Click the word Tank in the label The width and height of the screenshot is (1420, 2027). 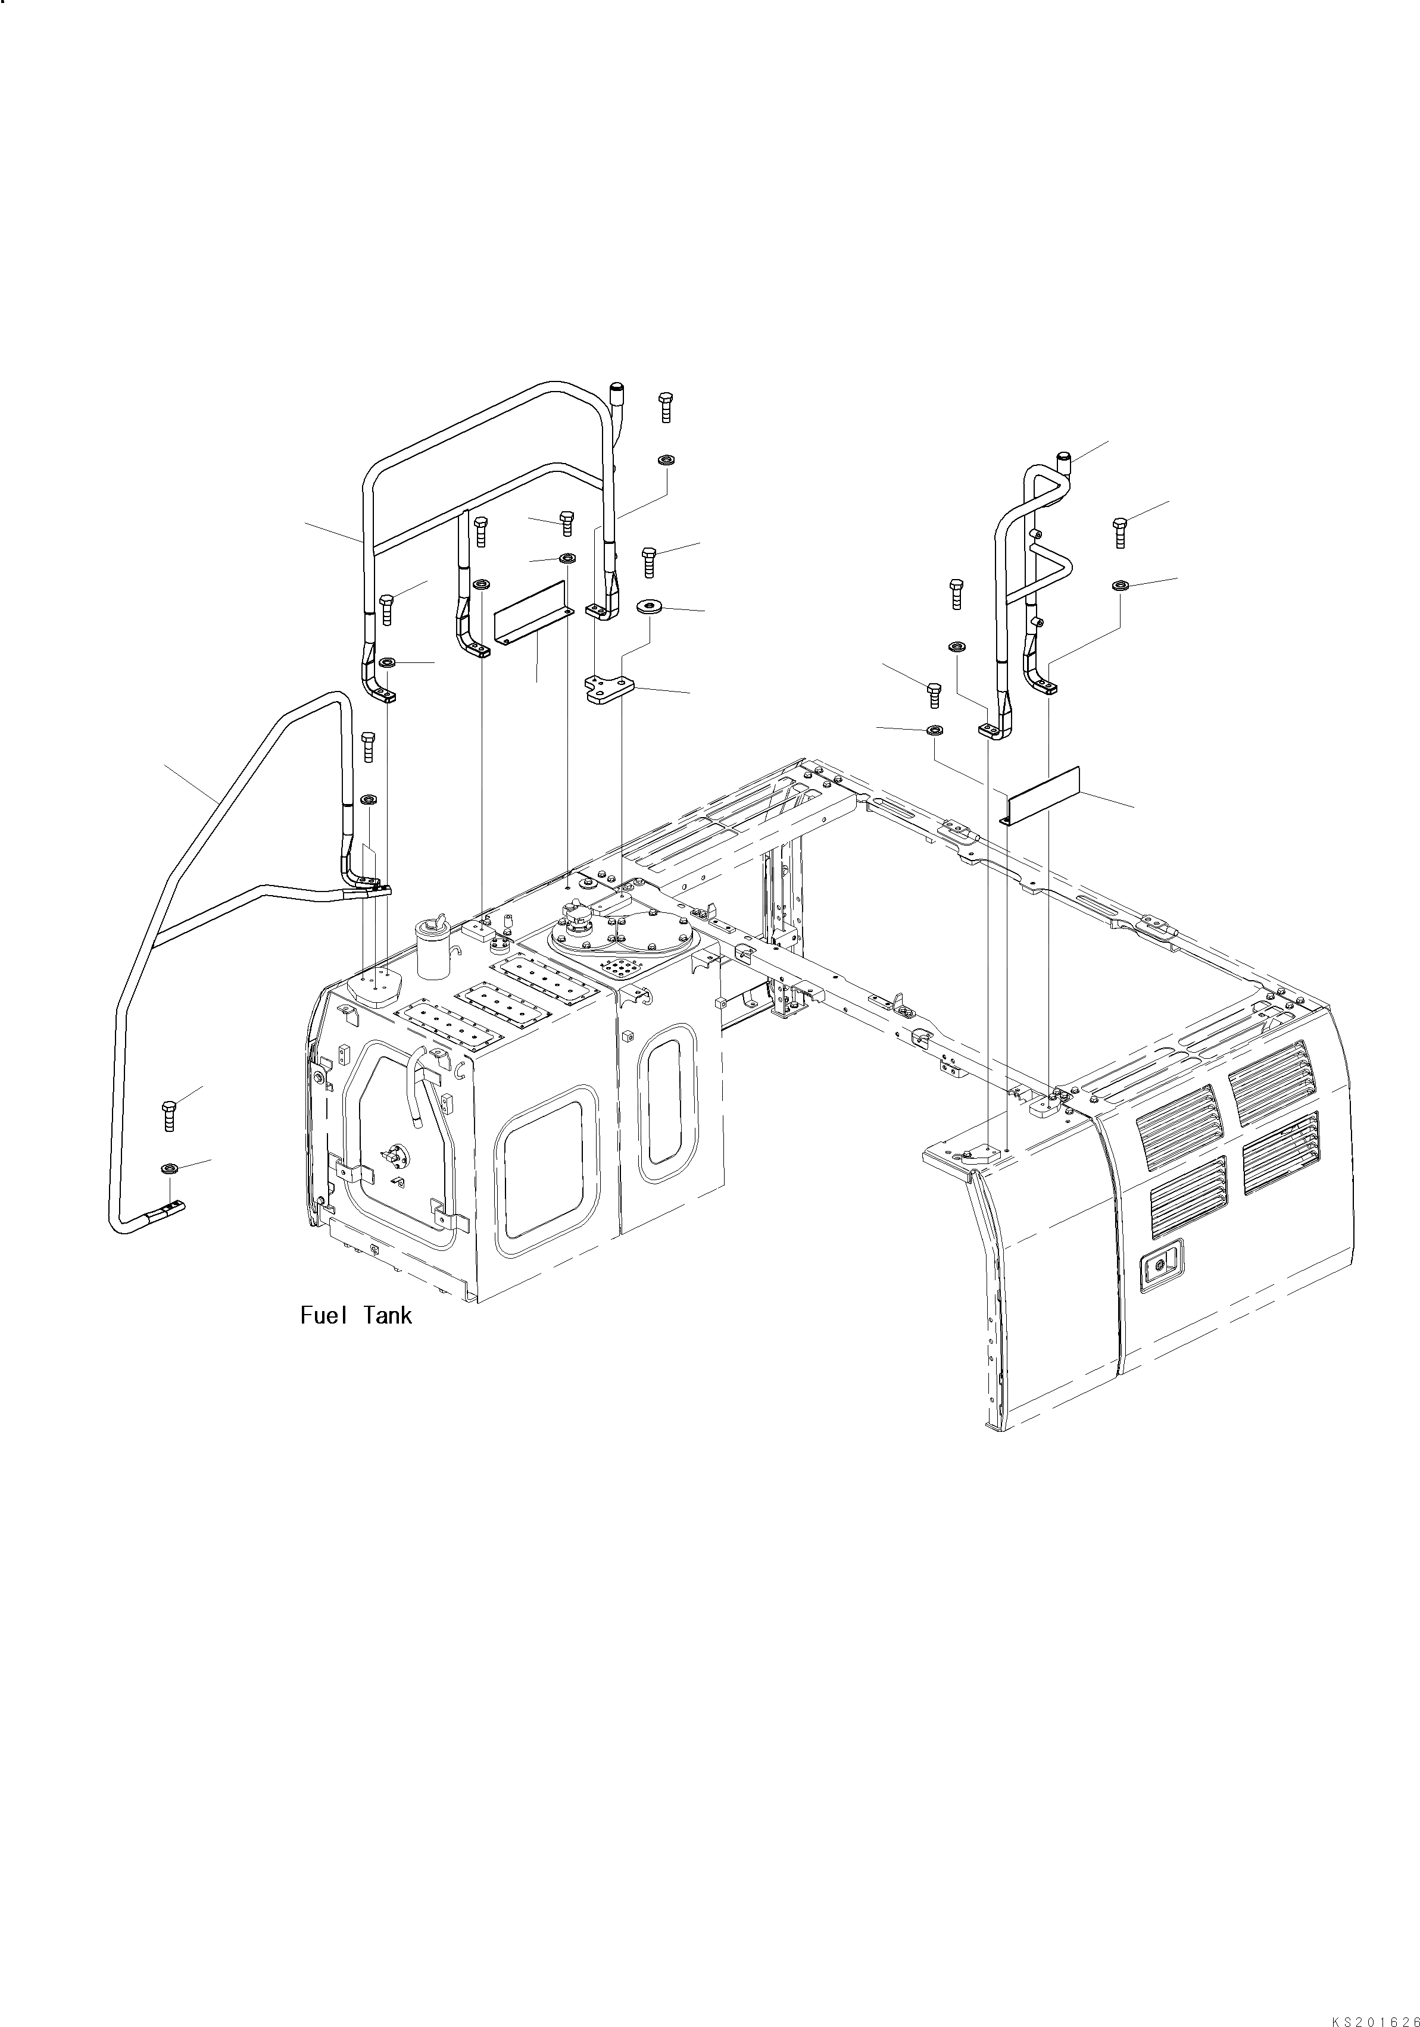click(387, 1315)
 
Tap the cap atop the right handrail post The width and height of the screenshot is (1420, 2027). click(1064, 458)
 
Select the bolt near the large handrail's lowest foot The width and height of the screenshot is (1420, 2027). click(170, 1115)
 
